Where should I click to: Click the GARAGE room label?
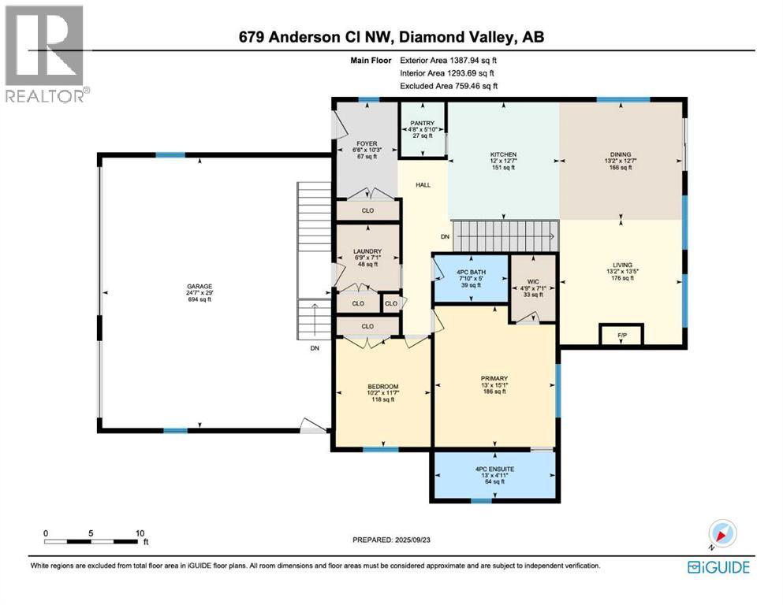[x=199, y=286]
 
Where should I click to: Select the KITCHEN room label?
[x=503, y=154]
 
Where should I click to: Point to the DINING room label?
[x=620, y=154]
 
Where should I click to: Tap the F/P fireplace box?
[x=621, y=336]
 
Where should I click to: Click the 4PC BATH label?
[x=471, y=273]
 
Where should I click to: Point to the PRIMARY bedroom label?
[x=494, y=378]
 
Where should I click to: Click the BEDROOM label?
[x=382, y=386]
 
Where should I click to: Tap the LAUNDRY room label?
[x=367, y=251]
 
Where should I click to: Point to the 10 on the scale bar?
[x=140, y=533]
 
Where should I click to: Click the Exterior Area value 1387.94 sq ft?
[x=468, y=59]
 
